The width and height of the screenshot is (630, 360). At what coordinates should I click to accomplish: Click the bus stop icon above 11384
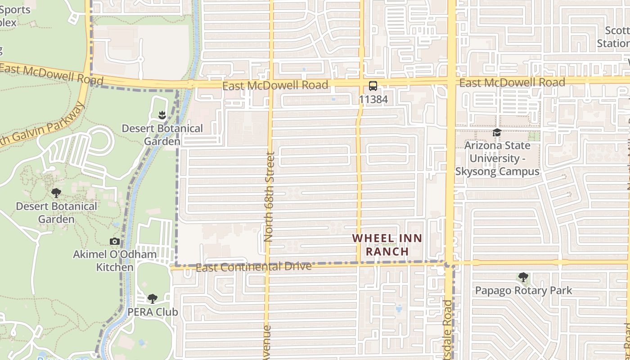(373, 86)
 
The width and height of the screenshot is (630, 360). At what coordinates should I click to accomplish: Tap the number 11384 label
(373, 99)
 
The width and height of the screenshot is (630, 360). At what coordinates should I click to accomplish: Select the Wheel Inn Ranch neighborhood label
(387, 245)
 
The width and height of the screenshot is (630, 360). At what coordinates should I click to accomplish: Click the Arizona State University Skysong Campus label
(497, 158)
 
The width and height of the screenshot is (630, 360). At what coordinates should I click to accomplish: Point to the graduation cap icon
(497, 132)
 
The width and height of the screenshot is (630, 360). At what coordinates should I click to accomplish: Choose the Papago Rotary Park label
(524, 291)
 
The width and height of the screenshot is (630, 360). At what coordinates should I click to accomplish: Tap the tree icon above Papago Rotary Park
(523, 277)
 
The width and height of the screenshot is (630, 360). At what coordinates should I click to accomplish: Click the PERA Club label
(153, 312)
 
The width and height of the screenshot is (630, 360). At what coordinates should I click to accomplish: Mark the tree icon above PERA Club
(153, 298)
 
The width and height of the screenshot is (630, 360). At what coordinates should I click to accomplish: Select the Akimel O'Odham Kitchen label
(115, 261)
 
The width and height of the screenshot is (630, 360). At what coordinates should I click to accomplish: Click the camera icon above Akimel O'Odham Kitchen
(115, 242)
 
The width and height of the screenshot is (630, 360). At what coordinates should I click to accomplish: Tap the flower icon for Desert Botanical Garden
(162, 115)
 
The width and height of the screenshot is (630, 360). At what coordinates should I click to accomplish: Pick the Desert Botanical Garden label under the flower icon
(162, 135)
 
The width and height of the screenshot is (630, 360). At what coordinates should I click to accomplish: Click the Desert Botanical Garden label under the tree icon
(56, 212)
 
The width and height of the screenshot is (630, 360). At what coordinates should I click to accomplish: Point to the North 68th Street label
(270, 197)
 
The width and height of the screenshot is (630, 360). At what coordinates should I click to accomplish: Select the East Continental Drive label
(254, 267)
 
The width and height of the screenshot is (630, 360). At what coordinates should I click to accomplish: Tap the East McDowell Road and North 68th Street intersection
(271, 84)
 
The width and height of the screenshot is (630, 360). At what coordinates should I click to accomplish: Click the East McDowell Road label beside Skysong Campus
(512, 82)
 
